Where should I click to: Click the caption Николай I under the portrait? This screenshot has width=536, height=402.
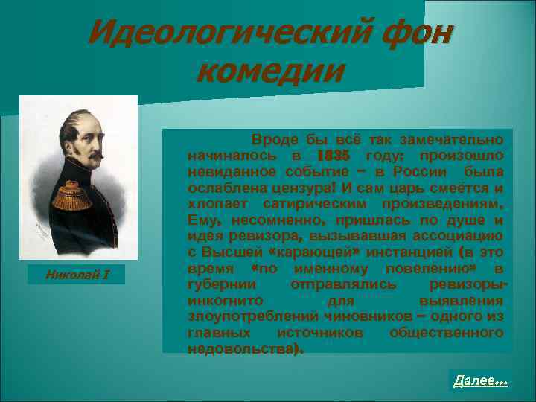coord(77,276)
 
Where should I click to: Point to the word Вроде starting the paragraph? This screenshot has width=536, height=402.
coord(274,140)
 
